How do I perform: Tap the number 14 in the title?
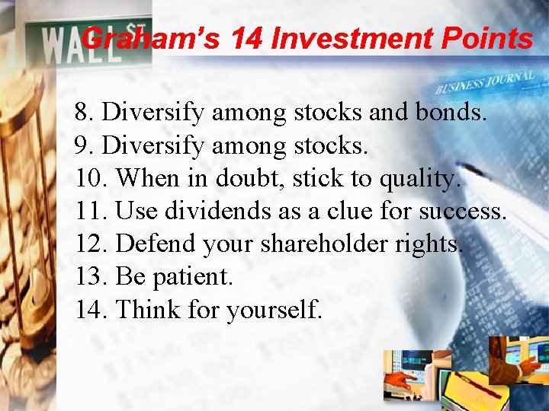coord(246,38)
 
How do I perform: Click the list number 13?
coord(91,277)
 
